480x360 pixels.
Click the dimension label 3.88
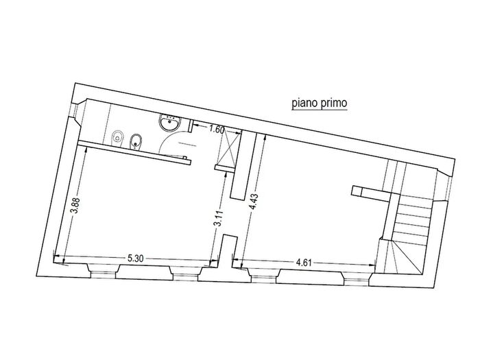click(75, 206)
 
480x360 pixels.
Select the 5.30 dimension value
click(135, 259)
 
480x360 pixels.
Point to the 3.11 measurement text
click(218, 218)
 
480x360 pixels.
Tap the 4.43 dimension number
click(254, 202)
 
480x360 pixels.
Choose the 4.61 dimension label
click(303, 263)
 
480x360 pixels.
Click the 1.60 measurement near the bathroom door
click(217, 129)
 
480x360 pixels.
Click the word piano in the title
click(304, 103)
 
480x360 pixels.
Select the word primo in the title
click(334, 103)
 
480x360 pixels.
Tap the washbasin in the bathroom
click(170, 123)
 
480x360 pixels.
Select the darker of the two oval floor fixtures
click(134, 141)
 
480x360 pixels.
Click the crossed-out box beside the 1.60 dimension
click(228, 148)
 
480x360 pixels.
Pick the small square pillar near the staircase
click(357, 191)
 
